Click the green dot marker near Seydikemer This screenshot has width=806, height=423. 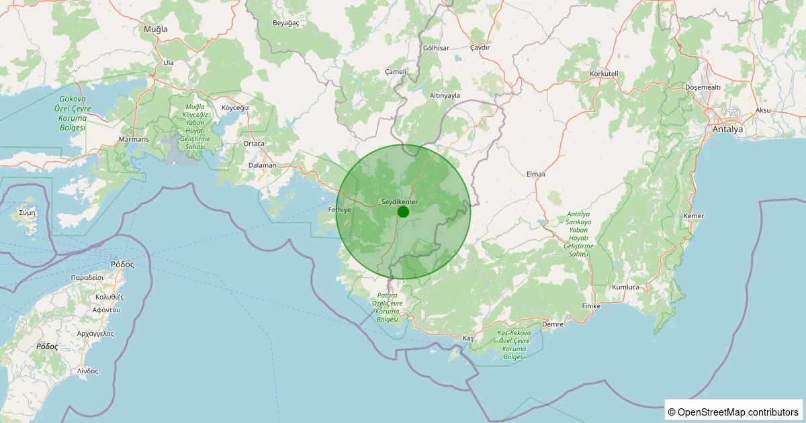[403, 211]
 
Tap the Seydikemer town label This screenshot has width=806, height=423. [400, 202]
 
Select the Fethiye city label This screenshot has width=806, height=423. [339, 210]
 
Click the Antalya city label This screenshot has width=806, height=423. [728, 130]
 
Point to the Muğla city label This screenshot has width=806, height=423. [156, 30]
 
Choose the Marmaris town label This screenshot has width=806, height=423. [133, 140]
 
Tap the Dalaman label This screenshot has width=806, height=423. [262, 165]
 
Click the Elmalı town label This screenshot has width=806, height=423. [536, 174]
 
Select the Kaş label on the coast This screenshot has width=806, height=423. [469, 337]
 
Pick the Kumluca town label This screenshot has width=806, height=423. [626, 287]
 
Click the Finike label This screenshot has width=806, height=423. [591, 306]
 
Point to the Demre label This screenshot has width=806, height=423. [552, 324]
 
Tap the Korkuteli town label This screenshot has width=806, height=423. [603, 73]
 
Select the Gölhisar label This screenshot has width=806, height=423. [436, 48]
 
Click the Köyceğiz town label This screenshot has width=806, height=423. [235, 107]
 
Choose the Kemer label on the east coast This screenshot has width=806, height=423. [692, 216]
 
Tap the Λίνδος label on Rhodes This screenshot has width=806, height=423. [87, 371]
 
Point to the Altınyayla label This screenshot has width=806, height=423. [445, 95]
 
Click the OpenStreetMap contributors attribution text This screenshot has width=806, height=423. [733, 412]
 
